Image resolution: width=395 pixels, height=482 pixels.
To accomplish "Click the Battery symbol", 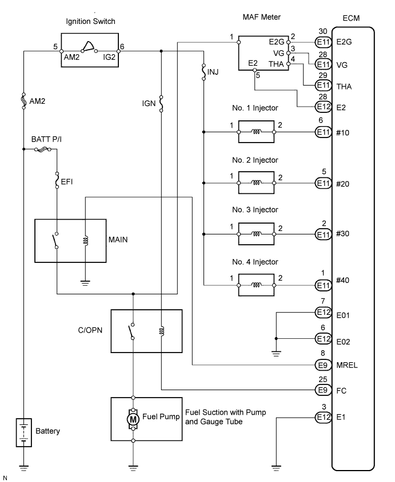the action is point(24,432).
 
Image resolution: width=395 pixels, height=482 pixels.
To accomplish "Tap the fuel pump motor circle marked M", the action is point(133,419).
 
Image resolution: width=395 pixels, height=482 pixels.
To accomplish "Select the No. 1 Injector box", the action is point(256,132).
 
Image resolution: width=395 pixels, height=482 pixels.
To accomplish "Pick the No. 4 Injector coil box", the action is point(256,285).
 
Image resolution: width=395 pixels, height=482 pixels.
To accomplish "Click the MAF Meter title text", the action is point(262,17).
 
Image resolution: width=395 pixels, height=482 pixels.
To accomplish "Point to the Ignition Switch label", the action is point(90,22).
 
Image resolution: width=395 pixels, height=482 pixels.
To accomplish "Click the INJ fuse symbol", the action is point(204,72).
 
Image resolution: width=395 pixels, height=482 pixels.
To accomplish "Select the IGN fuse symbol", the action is point(161,104).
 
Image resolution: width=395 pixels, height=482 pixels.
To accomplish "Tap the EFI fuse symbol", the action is point(57,180).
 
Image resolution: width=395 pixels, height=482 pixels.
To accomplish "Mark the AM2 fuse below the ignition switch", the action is point(24,101).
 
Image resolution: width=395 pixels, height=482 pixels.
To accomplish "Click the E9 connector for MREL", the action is point(323,365).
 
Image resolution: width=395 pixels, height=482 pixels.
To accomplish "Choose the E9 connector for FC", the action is point(323,390).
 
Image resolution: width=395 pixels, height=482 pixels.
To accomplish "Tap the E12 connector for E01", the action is point(323,313).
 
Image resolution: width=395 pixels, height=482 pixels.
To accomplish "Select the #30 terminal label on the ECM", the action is point(342,234).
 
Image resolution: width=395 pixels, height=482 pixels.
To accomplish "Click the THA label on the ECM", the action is point(344,86).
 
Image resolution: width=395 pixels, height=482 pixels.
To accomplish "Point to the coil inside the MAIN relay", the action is point(86,240).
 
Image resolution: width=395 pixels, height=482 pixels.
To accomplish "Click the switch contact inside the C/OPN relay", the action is point(131,331).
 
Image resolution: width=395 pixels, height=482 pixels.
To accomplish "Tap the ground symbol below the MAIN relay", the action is point(85,283).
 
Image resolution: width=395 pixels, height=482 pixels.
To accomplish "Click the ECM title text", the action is point(351,18).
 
